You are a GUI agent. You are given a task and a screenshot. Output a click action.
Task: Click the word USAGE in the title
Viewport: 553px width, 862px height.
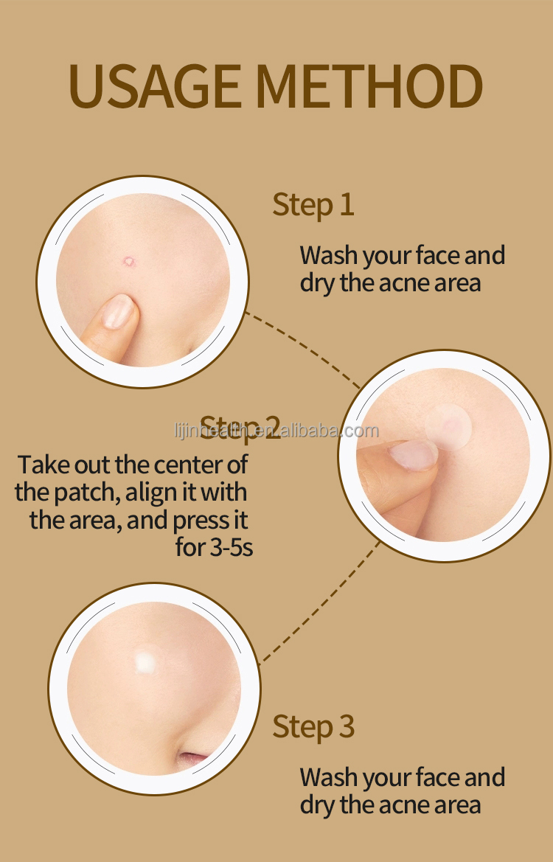coord(154,86)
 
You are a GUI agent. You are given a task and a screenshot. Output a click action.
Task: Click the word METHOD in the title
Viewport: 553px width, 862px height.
coord(369,86)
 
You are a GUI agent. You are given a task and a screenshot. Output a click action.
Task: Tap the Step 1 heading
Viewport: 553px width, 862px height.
coord(313,205)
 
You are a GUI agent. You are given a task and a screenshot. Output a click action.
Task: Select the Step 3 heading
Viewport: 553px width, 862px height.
coord(313,727)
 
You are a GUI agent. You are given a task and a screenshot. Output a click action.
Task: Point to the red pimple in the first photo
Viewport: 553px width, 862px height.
coord(130,262)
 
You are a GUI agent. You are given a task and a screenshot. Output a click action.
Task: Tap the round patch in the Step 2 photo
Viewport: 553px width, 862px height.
coord(448,427)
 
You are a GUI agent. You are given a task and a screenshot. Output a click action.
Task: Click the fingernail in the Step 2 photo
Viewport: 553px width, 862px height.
coord(413,453)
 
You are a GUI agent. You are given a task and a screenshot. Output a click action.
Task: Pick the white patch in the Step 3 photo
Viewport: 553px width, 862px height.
coord(145,662)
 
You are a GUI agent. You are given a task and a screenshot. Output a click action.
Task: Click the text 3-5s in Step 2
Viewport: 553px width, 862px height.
coord(230,547)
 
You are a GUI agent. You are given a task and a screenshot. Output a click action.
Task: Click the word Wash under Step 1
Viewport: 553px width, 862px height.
coord(328,256)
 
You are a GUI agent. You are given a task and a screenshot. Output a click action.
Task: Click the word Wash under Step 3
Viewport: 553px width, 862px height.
coord(328,778)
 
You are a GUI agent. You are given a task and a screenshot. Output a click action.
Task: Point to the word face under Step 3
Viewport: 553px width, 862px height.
coord(437,778)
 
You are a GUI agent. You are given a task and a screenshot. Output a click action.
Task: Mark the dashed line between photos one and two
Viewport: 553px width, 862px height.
coord(302,348)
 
